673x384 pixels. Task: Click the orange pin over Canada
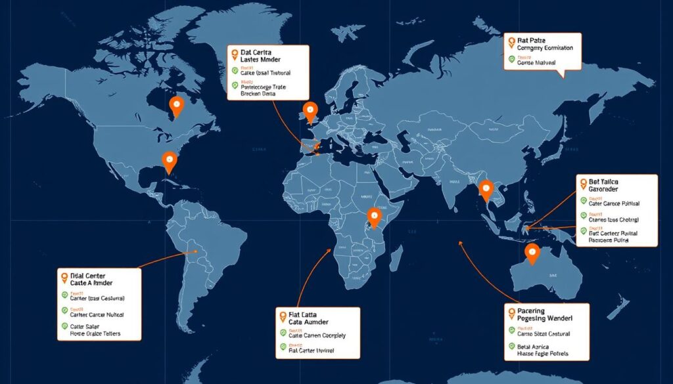click(x=176, y=106)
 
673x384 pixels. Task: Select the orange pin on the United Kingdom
click(x=310, y=111)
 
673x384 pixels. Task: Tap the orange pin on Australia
click(x=532, y=251)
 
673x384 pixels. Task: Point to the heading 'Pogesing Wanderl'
click(x=545, y=318)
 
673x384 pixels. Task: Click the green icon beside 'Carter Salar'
click(x=64, y=326)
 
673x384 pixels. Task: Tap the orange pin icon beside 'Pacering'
click(x=511, y=309)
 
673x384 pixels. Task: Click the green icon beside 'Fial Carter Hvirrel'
click(x=283, y=347)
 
